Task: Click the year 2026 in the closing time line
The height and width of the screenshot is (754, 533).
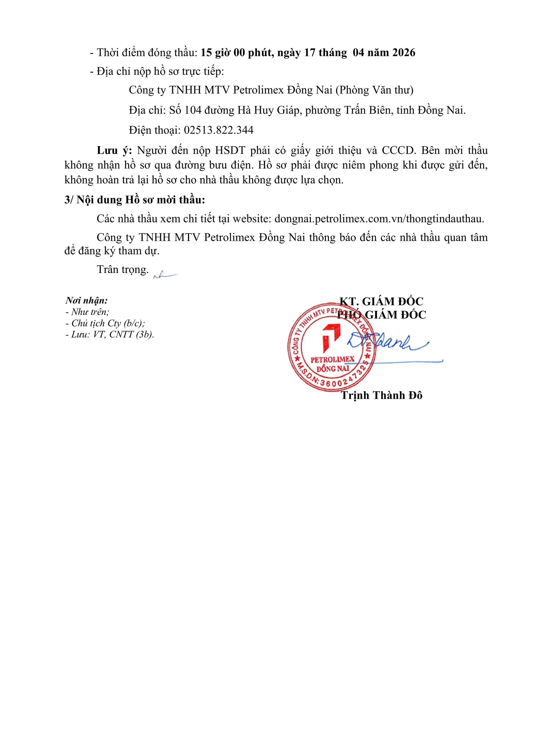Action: [404, 52]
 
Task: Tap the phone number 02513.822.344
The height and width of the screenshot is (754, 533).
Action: [218, 130]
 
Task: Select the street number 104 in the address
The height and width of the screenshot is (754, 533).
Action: [193, 110]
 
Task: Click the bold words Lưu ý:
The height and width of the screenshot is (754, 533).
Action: [114, 151]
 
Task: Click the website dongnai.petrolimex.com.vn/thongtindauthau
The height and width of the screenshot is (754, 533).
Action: [379, 219]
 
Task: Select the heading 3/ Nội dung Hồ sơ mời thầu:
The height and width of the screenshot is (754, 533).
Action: [135, 200]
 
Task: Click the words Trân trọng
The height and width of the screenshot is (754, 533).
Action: [123, 269]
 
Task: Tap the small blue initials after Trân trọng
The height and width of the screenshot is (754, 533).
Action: [165, 275]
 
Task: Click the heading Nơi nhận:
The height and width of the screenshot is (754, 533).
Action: [87, 300]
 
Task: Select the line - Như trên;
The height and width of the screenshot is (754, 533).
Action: [87, 312]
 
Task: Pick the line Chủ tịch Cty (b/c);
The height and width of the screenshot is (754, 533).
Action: [108, 323]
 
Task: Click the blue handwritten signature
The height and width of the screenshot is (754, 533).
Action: [387, 343]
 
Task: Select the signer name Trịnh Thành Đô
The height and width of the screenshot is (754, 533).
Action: [381, 395]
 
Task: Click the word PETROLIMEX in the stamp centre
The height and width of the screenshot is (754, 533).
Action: [333, 359]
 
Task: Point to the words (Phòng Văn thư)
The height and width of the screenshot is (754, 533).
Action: [374, 90]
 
